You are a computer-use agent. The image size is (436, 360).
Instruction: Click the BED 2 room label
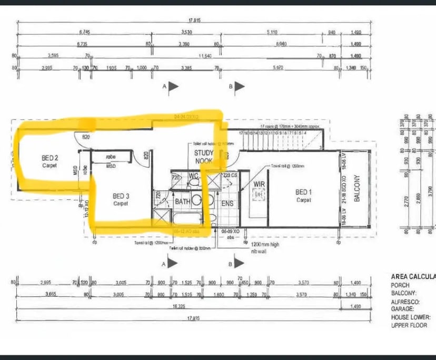pyautogui.click(x=49, y=157)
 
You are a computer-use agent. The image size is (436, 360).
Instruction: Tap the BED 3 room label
pyautogui.click(x=121, y=196)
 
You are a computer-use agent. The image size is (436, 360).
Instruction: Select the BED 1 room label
pyautogui.click(x=303, y=192)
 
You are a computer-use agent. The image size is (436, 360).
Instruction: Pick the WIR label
pyautogui.click(x=258, y=185)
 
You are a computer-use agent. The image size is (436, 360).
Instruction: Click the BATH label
pyautogui.click(x=182, y=202)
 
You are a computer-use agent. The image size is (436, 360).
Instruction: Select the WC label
pyautogui.click(x=193, y=175)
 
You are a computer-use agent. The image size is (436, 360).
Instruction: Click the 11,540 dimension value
pyautogui.click(x=205, y=55)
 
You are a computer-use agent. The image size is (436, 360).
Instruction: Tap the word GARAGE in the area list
pyautogui.click(x=402, y=309)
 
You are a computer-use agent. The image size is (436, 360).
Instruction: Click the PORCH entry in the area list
pyautogui.click(x=401, y=285)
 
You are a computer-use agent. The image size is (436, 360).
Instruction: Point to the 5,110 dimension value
pyautogui.click(x=272, y=32)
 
